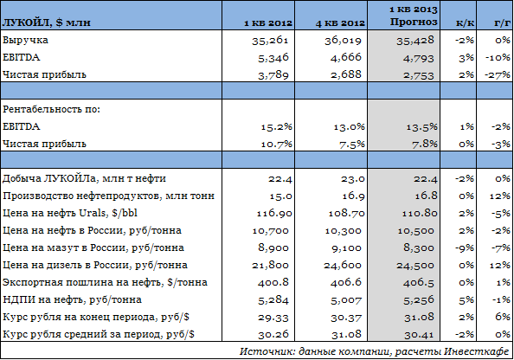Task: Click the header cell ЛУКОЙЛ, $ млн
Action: (46, 23)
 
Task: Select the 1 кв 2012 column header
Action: (268, 23)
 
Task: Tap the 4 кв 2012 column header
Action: (340, 23)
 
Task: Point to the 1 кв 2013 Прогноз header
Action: (414, 16)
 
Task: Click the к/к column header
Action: (466, 23)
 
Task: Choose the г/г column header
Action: (502, 23)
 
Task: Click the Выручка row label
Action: (25, 40)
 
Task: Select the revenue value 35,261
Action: (270, 41)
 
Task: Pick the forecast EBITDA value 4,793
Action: (418, 58)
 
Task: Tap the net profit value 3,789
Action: (273, 75)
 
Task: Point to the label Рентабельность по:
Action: (51, 109)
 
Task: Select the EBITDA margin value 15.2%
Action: (276, 127)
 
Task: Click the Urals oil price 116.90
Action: (274, 214)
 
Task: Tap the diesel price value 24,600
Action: (343, 266)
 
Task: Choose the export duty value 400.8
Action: (273, 283)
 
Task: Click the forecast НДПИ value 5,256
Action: (419, 300)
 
